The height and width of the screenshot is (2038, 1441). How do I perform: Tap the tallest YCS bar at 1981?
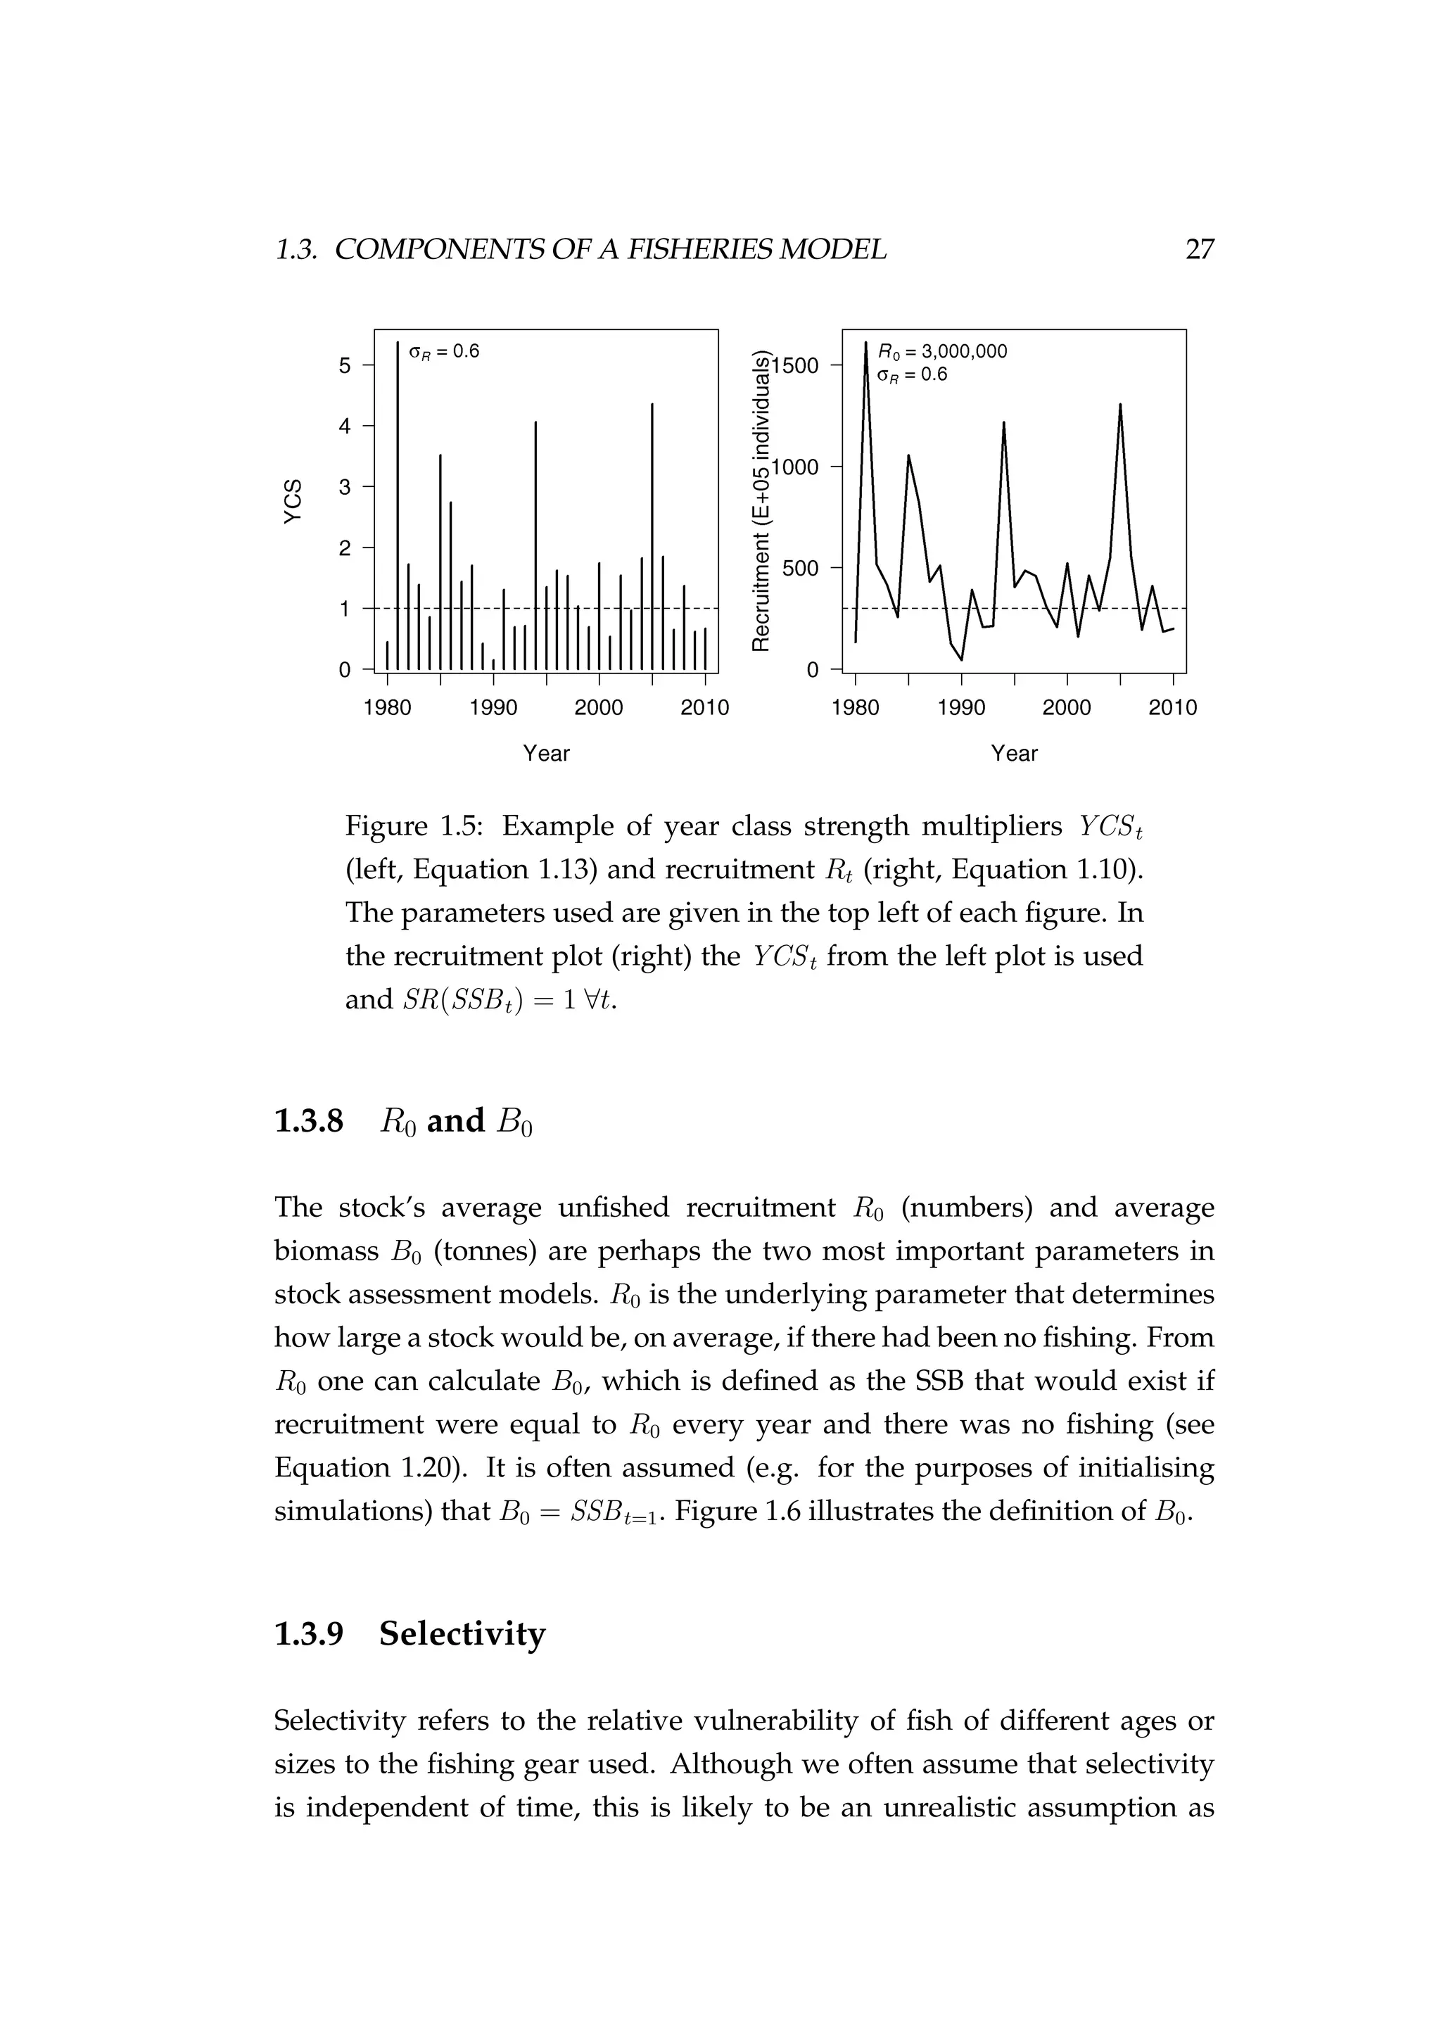[398, 506]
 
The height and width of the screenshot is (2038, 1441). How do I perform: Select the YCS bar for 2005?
[653, 537]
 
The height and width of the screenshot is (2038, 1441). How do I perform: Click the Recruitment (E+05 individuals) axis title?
[761, 502]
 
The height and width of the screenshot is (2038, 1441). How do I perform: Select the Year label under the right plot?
[1014, 754]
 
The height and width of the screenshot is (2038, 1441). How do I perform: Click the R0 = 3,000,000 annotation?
[941, 351]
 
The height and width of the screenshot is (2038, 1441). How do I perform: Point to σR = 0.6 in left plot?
[444, 351]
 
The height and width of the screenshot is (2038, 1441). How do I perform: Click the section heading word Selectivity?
[462, 1634]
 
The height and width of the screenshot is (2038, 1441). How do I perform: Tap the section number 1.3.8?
[309, 1121]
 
